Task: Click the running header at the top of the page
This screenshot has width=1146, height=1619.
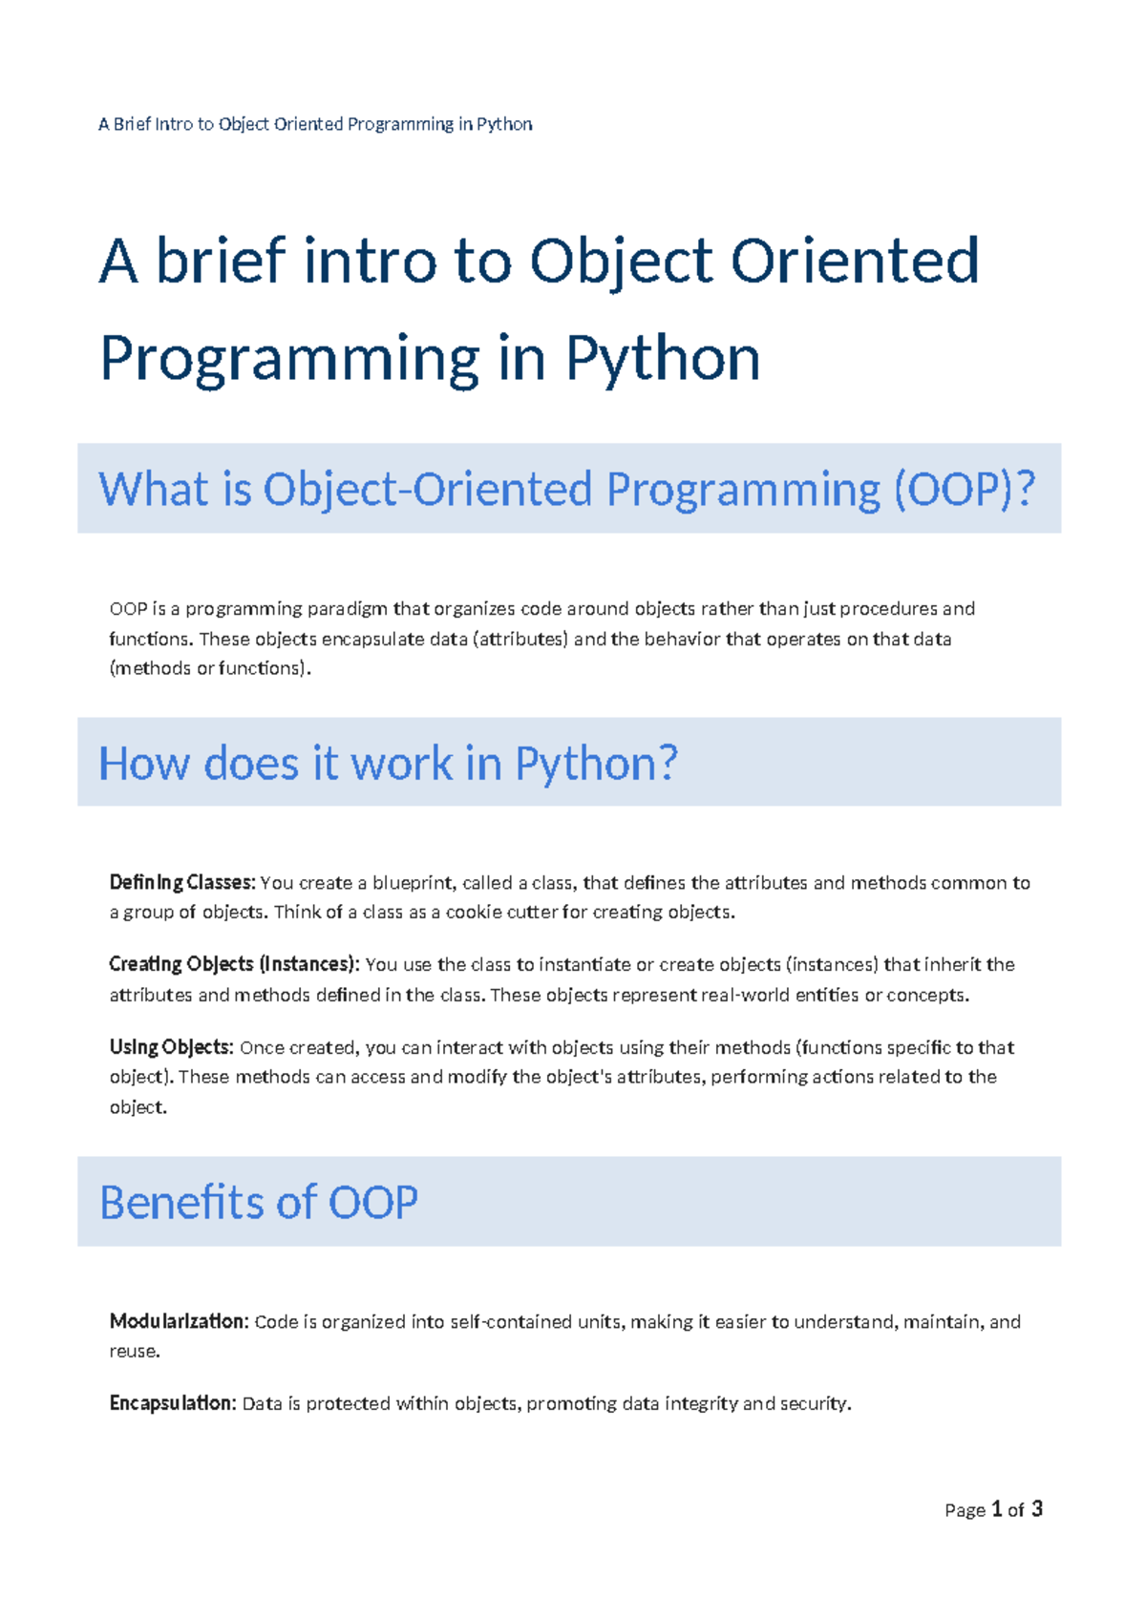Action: pyautogui.click(x=315, y=124)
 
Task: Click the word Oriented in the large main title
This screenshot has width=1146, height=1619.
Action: pyautogui.click(x=855, y=261)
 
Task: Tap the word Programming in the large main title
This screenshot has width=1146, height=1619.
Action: pyautogui.click(x=288, y=359)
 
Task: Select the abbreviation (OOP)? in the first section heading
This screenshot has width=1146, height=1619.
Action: pyautogui.click(x=965, y=489)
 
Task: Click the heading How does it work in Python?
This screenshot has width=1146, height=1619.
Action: pyautogui.click(x=388, y=764)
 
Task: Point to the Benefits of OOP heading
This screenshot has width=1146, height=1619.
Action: pyautogui.click(x=259, y=1202)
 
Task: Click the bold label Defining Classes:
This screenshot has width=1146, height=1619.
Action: pyautogui.click(x=182, y=883)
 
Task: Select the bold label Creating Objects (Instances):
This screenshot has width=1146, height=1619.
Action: pyautogui.click(x=234, y=964)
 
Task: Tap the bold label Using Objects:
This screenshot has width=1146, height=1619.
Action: pyautogui.click(x=171, y=1047)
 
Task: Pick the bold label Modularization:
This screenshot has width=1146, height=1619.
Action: pyautogui.click(x=179, y=1322)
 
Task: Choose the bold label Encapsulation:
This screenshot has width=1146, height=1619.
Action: pyautogui.click(x=172, y=1403)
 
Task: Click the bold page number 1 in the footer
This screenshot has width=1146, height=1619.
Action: pyautogui.click(x=997, y=1509)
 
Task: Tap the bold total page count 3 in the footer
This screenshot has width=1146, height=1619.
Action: pyautogui.click(x=1037, y=1509)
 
